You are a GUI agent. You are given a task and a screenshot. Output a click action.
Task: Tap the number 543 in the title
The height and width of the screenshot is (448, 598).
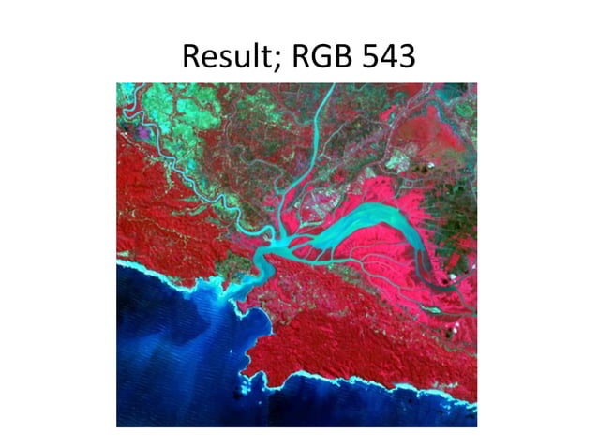coord(389,58)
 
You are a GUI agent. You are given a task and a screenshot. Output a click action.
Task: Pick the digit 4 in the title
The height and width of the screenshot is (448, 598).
coord(389,58)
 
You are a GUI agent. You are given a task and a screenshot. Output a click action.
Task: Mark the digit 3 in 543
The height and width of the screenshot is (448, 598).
coord(407,58)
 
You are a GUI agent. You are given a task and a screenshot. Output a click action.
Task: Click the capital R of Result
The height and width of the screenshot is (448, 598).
coord(191,58)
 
